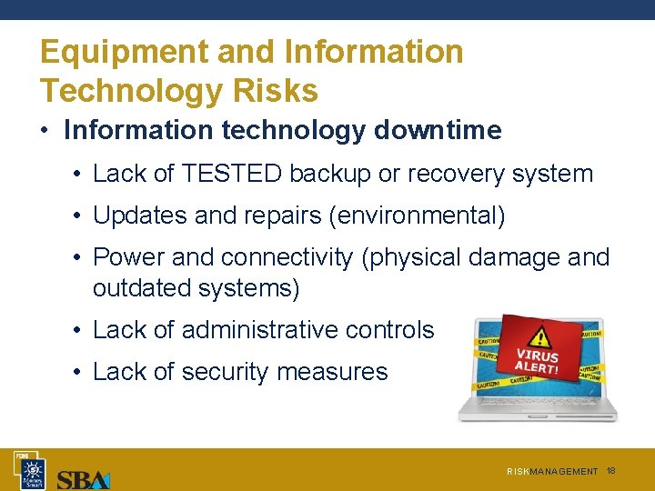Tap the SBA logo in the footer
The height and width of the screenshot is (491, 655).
(x=83, y=477)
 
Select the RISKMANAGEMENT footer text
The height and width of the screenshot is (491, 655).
(x=552, y=472)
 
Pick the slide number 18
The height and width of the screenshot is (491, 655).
(x=611, y=471)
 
